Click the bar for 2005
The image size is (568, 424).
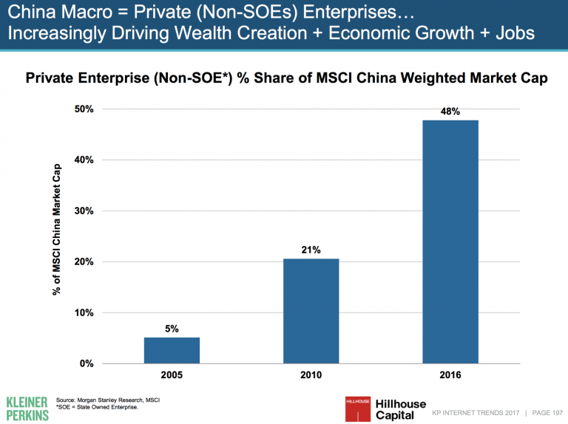(x=172, y=350)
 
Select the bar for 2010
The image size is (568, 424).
(x=311, y=311)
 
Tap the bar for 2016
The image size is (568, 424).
(x=450, y=242)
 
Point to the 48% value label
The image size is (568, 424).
(x=450, y=112)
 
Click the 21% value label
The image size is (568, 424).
(x=311, y=250)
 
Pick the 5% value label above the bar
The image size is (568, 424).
(x=172, y=329)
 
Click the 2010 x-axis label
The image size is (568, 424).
(x=311, y=376)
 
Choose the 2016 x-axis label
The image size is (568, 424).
(x=450, y=376)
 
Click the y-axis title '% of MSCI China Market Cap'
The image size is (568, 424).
(x=57, y=229)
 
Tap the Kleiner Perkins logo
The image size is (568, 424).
(x=27, y=407)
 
